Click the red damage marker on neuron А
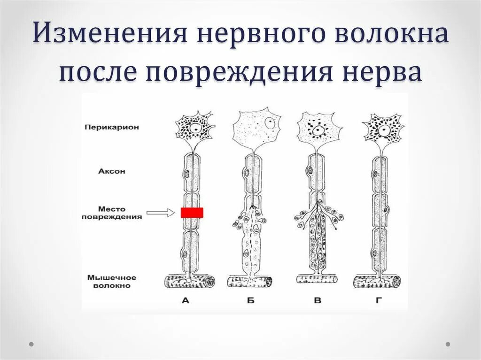click(192, 213)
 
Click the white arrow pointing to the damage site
click(160, 213)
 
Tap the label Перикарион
click(112, 127)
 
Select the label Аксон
click(112, 171)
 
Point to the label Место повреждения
click(112, 213)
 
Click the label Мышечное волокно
click(112, 281)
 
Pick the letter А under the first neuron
click(185, 300)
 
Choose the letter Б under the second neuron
click(251, 300)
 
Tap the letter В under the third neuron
click(318, 300)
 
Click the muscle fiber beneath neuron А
click(190, 282)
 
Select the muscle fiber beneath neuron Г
click(377, 282)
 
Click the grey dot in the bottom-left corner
click(31, 344)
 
